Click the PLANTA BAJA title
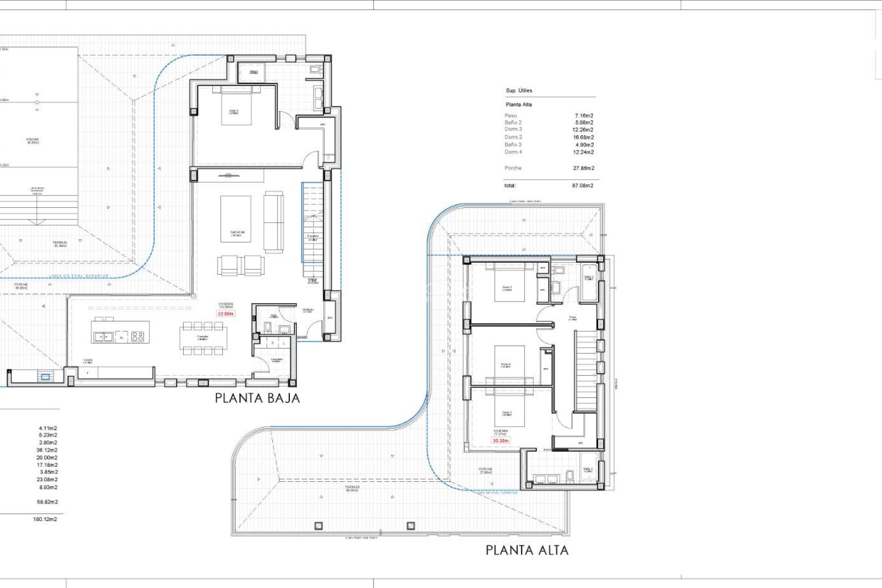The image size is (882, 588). (x=257, y=398)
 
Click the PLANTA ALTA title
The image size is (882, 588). (x=527, y=550)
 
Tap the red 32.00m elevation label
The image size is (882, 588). (x=225, y=314)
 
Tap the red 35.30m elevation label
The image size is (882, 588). (x=500, y=441)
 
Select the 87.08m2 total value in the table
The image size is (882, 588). (x=582, y=186)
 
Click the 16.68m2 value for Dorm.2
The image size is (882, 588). (x=583, y=137)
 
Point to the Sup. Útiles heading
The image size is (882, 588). (x=519, y=90)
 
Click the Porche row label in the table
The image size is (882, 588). (x=513, y=168)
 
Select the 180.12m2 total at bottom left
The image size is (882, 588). (x=45, y=519)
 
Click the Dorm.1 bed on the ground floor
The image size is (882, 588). (x=236, y=106)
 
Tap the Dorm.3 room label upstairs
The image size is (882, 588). (x=507, y=288)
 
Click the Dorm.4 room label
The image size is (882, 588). (x=505, y=366)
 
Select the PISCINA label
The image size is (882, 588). (x=33, y=141)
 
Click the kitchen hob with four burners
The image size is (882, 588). (x=137, y=337)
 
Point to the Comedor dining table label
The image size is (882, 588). (x=203, y=338)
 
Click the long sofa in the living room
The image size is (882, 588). (x=273, y=222)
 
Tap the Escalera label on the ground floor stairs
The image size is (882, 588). (x=312, y=237)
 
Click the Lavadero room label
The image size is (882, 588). (x=276, y=360)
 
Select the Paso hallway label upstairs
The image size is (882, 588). (x=572, y=318)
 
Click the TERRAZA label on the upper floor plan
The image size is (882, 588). (x=352, y=488)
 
